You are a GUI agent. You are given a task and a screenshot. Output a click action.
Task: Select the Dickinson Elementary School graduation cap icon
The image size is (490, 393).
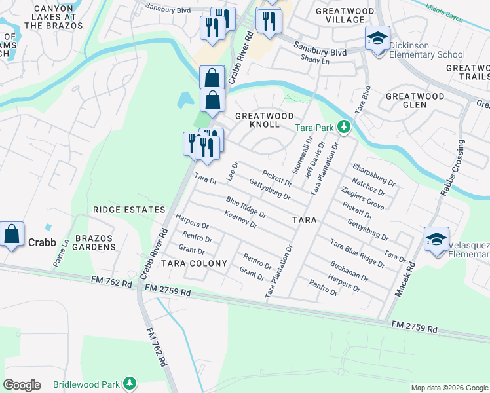(x=377, y=39)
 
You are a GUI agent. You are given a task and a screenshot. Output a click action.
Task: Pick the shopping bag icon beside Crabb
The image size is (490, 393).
(x=12, y=235)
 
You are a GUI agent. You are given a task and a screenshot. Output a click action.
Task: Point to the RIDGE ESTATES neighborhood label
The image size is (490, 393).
(x=129, y=210)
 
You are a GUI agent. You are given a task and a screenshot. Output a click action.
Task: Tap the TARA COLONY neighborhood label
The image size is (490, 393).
(x=195, y=263)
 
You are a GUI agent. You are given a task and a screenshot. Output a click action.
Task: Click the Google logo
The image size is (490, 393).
(x=22, y=385)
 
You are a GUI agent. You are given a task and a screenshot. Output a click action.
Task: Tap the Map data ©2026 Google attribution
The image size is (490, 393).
(x=449, y=388)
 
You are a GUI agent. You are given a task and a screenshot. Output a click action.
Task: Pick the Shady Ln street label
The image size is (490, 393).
(x=315, y=60)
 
